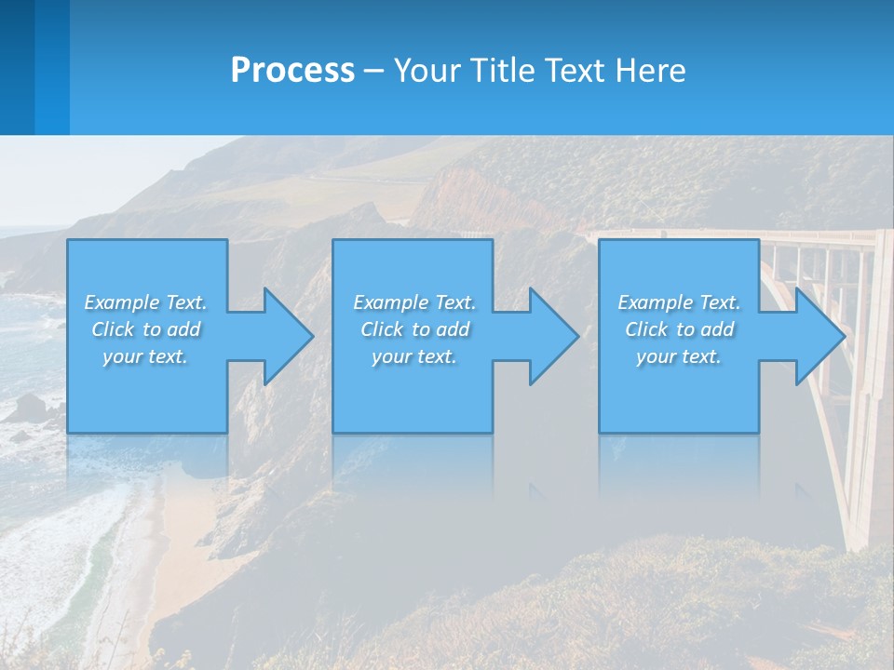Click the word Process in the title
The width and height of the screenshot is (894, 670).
pyautogui.click(x=292, y=71)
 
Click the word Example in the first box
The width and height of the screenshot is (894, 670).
pyautogui.click(x=122, y=302)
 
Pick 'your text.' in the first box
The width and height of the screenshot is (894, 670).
pyautogui.click(x=145, y=356)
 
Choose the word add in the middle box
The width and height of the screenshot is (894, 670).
pyautogui.click(x=452, y=329)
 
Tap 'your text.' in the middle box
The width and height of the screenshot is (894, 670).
pyautogui.click(x=414, y=356)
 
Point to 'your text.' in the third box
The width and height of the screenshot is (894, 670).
pyautogui.click(x=679, y=356)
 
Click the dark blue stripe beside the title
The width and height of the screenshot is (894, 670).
pyautogui.click(x=17, y=67)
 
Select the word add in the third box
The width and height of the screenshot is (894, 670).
pyautogui.click(x=716, y=329)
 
